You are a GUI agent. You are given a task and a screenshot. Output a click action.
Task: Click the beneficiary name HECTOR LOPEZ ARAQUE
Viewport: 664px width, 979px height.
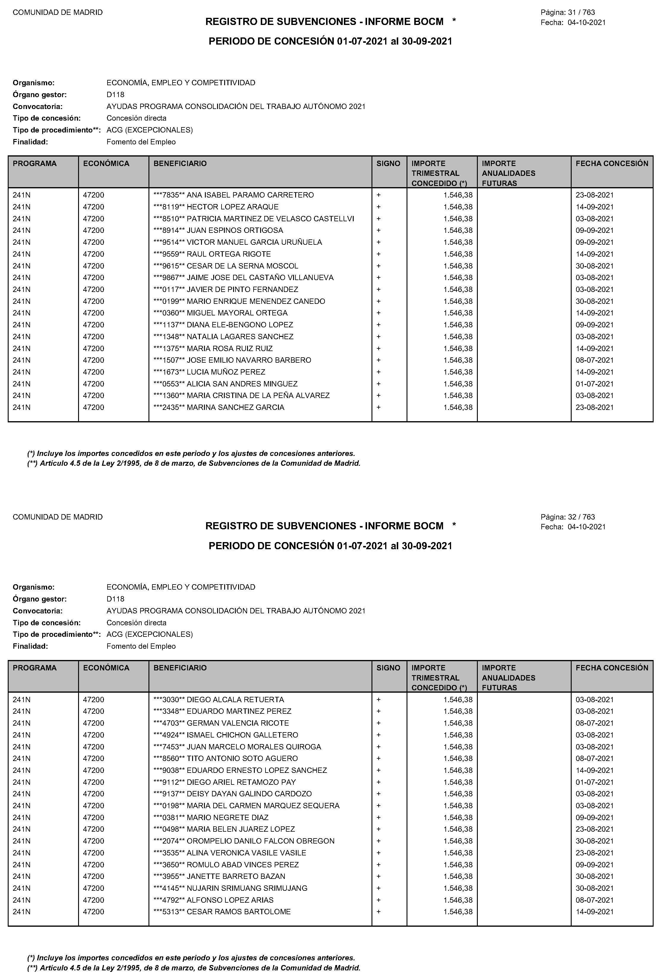[233, 207]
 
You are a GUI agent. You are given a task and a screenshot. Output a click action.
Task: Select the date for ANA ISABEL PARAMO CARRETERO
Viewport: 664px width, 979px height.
[595, 195]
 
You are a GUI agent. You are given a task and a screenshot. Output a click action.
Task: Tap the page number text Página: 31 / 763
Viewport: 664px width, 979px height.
[567, 13]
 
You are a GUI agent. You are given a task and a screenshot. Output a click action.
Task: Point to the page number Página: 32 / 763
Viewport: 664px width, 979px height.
[567, 517]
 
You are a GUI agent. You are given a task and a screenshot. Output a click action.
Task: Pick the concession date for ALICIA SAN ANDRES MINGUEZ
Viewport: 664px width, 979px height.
[595, 384]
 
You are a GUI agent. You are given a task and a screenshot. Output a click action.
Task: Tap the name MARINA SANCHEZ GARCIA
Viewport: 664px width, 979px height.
[235, 407]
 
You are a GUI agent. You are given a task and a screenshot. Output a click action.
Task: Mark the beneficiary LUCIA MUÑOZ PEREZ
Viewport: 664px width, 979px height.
[226, 372]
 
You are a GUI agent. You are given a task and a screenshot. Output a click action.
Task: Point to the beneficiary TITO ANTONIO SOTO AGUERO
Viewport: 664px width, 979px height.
[242, 758]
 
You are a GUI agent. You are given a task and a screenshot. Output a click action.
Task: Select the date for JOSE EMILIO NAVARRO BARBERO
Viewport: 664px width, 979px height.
[595, 360]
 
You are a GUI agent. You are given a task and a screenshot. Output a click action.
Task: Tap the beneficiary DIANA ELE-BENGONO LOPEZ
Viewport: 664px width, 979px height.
[240, 325]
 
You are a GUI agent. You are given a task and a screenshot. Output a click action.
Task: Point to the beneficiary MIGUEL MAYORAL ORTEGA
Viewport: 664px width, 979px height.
[237, 313]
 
